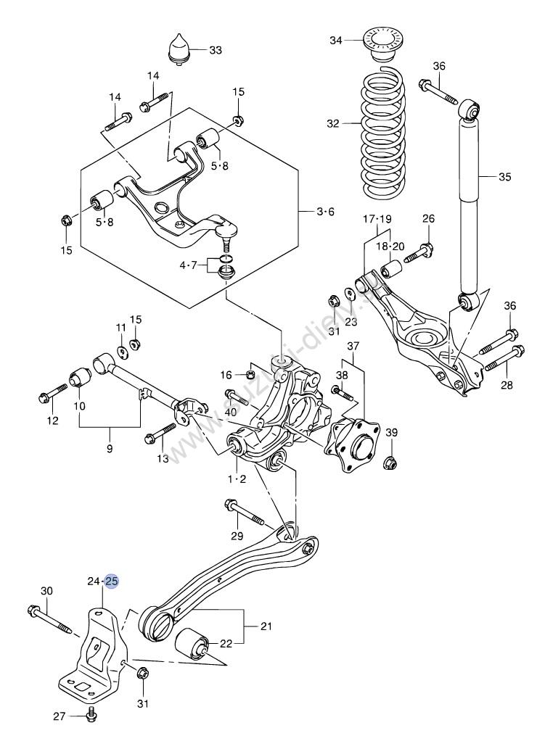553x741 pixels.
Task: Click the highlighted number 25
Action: (112, 581)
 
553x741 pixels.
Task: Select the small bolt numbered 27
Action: (91, 715)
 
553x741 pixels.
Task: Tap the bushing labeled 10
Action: (79, 378)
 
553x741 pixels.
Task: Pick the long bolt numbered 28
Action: (500, 359)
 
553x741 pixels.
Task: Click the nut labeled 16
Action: (249, 374)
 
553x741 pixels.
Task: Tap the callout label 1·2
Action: (237, 479)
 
